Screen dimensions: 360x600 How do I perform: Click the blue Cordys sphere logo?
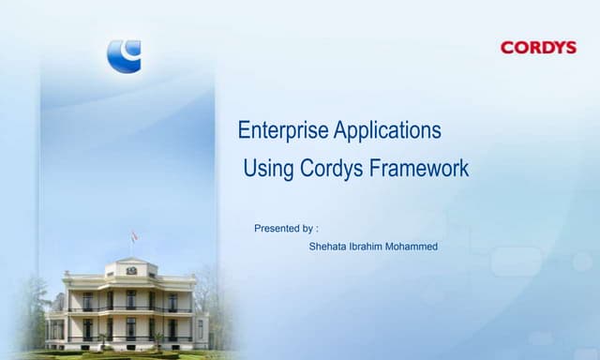coord(124,55)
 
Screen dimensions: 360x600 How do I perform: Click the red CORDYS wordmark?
coord(538,47)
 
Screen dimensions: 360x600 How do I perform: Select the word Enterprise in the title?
coord(278,130)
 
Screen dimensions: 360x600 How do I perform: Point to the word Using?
coord(268,170)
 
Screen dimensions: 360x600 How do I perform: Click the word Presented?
coord(277,228)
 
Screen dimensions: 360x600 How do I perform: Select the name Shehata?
coord(328,247)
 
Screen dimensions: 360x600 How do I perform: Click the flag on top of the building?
coord(134,236)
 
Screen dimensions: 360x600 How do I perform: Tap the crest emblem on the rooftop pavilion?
coord(131,270)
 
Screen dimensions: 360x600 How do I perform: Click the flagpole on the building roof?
coord(131,248)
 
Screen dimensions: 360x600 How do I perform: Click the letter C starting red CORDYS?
coord(507,47)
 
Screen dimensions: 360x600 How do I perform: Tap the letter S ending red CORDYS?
coord(570,47)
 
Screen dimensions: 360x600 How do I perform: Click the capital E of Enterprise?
coord(244,130)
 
